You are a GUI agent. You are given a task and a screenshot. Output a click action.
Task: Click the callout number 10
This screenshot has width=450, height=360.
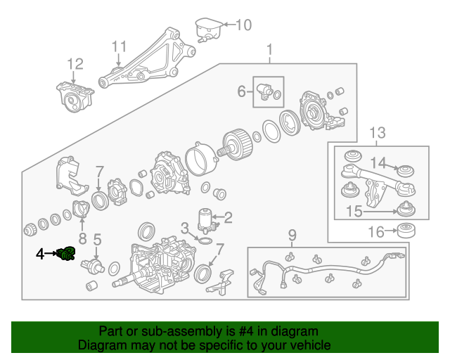243,26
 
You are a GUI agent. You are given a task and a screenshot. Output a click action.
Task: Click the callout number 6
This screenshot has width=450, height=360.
241,91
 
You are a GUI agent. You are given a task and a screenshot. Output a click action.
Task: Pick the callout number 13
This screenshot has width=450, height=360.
378,132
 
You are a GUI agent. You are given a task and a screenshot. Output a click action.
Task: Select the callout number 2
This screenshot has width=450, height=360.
228,217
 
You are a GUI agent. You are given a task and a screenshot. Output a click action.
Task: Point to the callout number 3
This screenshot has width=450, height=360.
184,227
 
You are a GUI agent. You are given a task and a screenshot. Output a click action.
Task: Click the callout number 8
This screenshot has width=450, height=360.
82,238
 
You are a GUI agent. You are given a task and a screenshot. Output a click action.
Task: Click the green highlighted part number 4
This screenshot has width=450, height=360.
67,254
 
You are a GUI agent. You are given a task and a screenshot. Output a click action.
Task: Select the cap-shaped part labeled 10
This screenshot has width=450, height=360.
208,30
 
